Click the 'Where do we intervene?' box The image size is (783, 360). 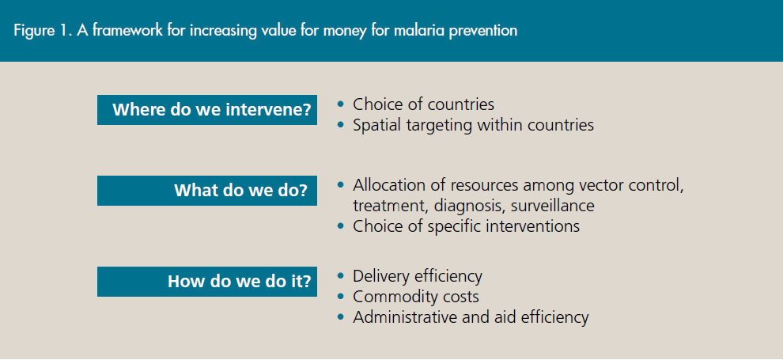pyautogui.click(x=206, y=110)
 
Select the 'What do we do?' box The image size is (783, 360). pyautogui.click(x=206, y=190)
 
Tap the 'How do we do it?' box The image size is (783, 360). pyautogui.click(x=206, y=282)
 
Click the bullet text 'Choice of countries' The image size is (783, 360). pyautogui.click(x=423, y=104)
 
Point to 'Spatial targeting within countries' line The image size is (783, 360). pyautogui.click(x=474, y=125)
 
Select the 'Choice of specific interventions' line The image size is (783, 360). pyautogui.click(x=467, y=226)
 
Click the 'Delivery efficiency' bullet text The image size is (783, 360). pyautogui.click(x=418, y=276)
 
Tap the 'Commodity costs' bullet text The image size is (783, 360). pyautogui.click(x=416, y=297)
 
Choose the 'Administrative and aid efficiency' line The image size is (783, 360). pyautogui.click(x=471, y=317)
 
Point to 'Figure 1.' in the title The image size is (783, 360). pyautogui.click(x=43, y=31)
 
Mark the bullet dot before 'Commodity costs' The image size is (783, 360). pyautogui.click(x=341, y=297)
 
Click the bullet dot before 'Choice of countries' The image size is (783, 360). pyautogui.click(x=341, y=104)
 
